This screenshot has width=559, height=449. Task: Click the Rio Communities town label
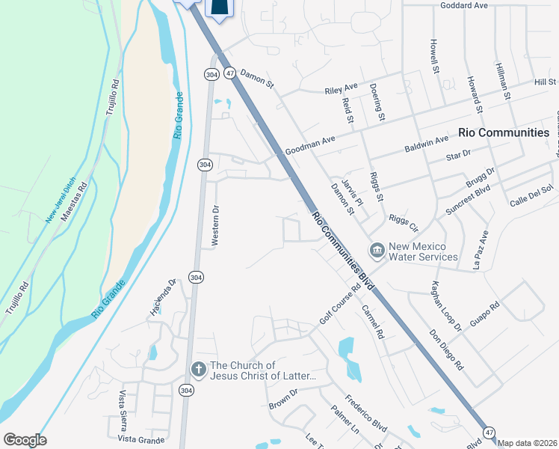(x=504, y=132)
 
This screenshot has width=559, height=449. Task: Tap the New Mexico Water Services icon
(x=377, y=249)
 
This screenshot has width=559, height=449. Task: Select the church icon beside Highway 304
(x=198, y=370)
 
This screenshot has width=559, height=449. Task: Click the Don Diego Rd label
(x=447, y=349)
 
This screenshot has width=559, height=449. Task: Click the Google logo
(x=25, y=440)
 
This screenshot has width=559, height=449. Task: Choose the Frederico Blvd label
(x=365, y=414)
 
